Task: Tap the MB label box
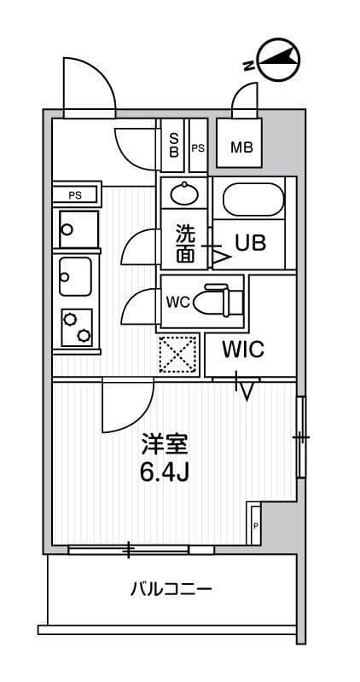(241, 147)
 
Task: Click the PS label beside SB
(198, 147)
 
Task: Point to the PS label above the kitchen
(76, 194)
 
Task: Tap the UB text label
(251, 242)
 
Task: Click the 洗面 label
(185, 243)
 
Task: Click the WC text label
(177, 301)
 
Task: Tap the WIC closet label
(244, 350)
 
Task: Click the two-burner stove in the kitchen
(76, 326)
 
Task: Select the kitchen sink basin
(75, 275)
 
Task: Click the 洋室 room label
(164, 445)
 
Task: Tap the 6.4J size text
(164, 471)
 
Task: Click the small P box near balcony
(255, 526)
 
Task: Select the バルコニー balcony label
(171, 589)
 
